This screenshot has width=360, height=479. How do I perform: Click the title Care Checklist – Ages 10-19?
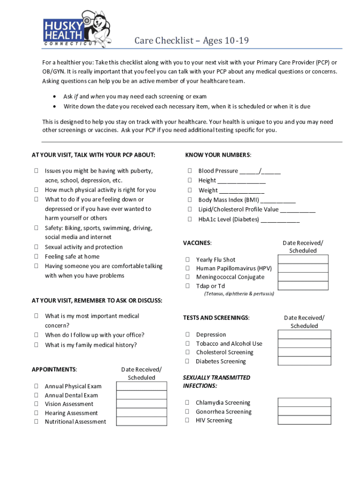(191, 41)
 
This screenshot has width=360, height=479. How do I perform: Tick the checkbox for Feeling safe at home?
(36, 256)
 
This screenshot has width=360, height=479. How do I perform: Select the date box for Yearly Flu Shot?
(303, 260)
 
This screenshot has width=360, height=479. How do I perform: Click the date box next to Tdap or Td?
(303, 286)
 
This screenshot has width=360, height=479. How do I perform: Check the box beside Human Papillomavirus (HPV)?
(187, 269)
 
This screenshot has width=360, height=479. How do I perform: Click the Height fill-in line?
(241, 181)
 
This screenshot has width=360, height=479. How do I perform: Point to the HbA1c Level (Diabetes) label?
(229, 219)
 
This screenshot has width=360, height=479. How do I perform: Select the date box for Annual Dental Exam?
(141, 395)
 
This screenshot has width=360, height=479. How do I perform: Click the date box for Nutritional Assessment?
(141, 421)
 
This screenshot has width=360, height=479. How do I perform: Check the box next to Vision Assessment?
(36, 404)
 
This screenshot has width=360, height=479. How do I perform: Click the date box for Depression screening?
(304, 334)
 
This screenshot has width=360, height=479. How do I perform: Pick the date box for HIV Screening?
(304, 421)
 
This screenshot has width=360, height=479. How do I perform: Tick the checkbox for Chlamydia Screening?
(187, 403)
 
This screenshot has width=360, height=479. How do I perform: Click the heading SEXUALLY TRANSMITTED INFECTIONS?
(216, 382)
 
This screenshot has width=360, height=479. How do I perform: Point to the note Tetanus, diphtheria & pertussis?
(239, 294)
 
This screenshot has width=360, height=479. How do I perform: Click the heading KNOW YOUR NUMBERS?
(218, 155)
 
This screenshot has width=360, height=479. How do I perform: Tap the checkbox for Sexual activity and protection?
(36, 247)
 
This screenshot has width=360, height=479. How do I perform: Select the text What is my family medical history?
(91, 345)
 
